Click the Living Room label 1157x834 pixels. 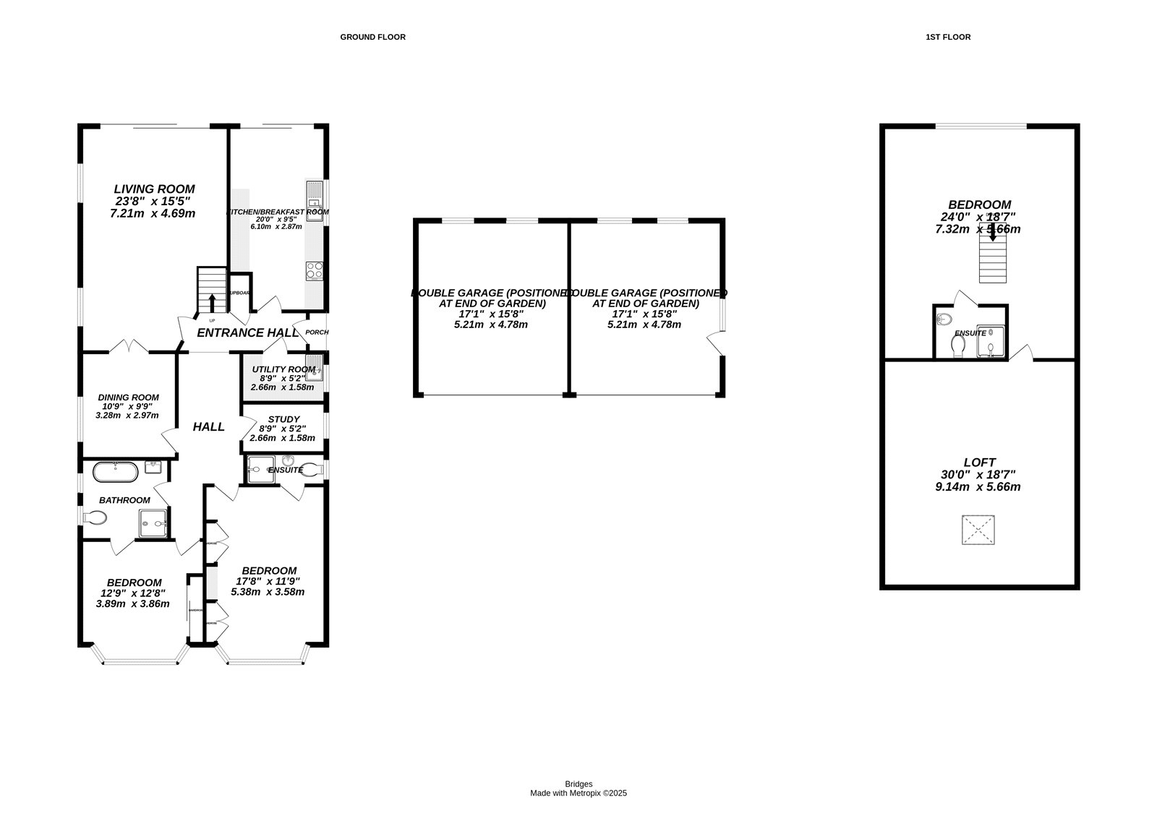pyautogui.click(x=154, y=189)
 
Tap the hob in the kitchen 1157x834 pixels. pyautogui.click(x=315, y=270)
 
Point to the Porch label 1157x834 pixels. pyautogui.click(x=317, y=332)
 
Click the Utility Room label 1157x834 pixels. pyautogui.click(x=283, y=369)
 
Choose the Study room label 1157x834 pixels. pyautogui.click(x=283, y=419)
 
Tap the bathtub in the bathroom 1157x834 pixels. pyautogui.click(x=115, y=472)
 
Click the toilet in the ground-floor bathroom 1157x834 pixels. pyautogui.click(x=95, y=517)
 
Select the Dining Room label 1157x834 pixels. pyautogui.click(x=128, y=397)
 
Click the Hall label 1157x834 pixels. pyautogui.click(x=208, y=427)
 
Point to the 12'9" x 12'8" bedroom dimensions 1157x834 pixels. pyautogui.click(x=133, y=593)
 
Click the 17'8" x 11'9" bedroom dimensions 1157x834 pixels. pyautogui.click(x=268, y=581)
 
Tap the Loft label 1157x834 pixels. pyautogui.click(x=979, y=463)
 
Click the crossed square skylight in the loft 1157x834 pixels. pyautogui.click(x=979, y=530)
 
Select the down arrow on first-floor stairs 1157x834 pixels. pyautogui.click(x=993, y=232)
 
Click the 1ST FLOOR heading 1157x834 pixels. pyautogui.click(x=947, y=37)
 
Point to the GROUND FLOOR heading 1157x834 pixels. pyautogui.click(x=372, y=37)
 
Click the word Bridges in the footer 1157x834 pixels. pyautogui.click(x=578, y=784)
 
